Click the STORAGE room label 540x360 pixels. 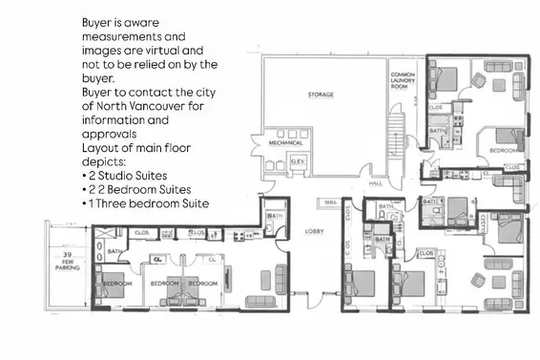coord(320,95)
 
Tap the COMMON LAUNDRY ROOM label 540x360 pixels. coord(401,80)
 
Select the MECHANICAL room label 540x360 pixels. coord(285,142)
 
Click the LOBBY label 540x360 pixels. coord(314,231)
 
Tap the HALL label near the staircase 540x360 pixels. coord(376,182)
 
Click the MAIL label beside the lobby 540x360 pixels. coord(331,202)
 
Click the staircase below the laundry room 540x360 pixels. coord(399,143)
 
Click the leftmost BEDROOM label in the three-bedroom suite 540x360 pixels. coord(116,284)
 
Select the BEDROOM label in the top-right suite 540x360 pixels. coord(503,151)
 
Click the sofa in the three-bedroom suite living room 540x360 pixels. coord(259,301)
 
